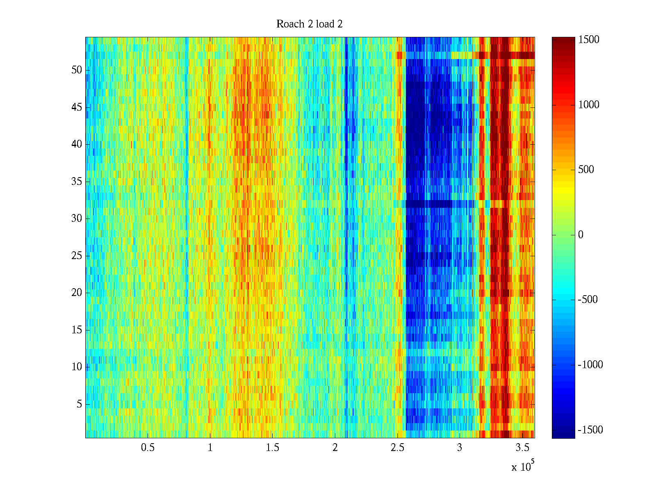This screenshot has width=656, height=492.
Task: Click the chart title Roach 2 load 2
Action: [310, 24]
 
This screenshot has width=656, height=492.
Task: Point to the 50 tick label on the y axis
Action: [77, 70]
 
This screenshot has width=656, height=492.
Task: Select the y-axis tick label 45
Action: [77, 107]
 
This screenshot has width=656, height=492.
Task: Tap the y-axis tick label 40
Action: [77, 144]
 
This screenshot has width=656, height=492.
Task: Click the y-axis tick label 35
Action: [77, 182]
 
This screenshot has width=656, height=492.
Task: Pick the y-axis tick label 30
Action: [77, 219]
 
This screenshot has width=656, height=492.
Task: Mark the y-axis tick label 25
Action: [77, 256]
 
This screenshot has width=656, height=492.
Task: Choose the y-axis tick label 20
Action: [77, 293]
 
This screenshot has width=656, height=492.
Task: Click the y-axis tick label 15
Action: [77, 330]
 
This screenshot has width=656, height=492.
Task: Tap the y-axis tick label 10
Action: [77, 367]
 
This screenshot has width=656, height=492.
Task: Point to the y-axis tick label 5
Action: [79, 404]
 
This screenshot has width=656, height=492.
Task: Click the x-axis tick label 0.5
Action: [148, 448]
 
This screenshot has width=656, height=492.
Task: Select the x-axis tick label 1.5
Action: [273, 448]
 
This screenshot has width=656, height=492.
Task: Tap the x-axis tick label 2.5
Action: [397, 448]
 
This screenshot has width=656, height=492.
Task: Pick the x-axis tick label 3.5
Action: [522, 448]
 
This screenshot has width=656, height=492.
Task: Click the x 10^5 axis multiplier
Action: [522, 466]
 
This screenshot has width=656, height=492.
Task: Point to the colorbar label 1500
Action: [589, 40]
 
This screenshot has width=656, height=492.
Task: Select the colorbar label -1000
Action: [590, 365]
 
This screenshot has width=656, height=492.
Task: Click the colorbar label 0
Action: [581, 235]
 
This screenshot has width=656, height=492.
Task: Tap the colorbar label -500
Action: [588, 300]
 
